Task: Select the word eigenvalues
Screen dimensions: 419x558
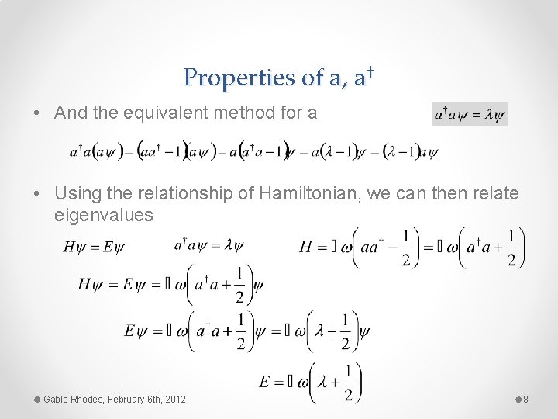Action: tap(105, 214)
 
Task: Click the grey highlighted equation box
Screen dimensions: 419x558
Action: tap(470, 115)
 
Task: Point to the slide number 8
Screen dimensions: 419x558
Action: tap(525, 399)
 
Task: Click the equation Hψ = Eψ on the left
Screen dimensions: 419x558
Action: tap(93, 247)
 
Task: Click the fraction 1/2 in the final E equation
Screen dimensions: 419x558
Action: tap(349, 383)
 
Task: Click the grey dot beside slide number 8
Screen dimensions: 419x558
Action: tap(518, 399)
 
